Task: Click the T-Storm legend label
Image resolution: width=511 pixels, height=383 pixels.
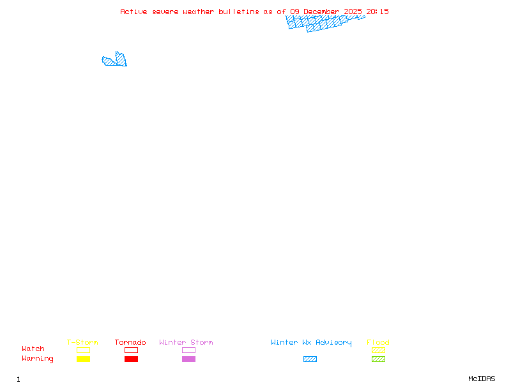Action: (x=82, y=343)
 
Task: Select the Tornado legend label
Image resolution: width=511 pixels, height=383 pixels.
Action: (x=130, y=343)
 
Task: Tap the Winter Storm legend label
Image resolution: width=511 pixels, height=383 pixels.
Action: (x=186, y=343)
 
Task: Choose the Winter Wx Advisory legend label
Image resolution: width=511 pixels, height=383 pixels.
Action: (x=311, y=343)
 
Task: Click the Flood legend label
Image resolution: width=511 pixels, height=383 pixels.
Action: (x=378, y=343)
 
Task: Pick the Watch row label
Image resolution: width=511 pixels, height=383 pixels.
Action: (x=33, y=349)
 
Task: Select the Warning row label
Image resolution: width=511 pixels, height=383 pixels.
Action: (x=38, y=359)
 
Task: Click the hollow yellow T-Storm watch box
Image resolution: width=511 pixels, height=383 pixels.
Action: (x=83, y=350)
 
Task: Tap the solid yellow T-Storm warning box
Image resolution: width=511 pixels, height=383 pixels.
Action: (x=83, y=359)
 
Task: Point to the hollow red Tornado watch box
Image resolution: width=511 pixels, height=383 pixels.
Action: (x=131, y=350)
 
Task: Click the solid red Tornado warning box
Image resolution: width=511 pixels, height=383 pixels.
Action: (x=131, y=359)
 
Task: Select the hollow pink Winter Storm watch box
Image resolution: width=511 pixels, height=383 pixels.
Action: (x=188, y=350)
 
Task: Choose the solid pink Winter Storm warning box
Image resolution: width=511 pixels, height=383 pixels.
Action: (x=188, y=359)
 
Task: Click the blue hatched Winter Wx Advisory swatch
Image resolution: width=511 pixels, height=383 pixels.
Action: (x=310, y=359)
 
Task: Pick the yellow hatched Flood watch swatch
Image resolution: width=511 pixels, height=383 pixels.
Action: (x=378, y=350)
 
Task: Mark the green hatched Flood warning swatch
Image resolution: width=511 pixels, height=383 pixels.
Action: (x=378, y=359)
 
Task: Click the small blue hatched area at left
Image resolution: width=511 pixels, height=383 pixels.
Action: (x=116, y=61)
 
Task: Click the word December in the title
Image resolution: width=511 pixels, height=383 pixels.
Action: (x=322, y=11)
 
